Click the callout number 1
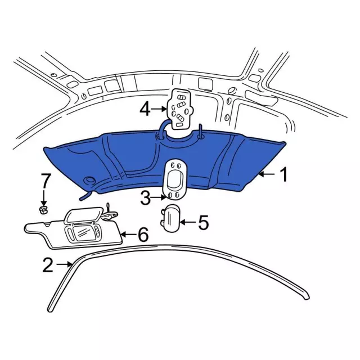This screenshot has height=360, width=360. point(284,175)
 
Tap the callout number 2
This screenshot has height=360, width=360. point(48,264)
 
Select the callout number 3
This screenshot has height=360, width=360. point(145,197)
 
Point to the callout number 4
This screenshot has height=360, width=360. point(145,108)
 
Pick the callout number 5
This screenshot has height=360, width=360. point(202,223)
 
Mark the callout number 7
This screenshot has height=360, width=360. point(45,182)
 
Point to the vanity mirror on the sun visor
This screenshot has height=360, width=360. point(80,231)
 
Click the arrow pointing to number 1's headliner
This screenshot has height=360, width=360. point(267,175)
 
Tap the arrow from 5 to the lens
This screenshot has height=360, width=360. point(187,223)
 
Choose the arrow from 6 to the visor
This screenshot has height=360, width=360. point(128,235)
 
